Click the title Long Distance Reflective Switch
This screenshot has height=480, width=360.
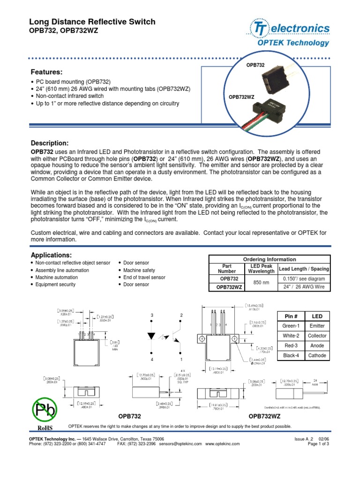click(x=92, y=22)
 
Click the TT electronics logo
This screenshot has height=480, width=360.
click(x=289, y=29)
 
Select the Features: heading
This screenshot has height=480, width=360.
click(x=46, y=72)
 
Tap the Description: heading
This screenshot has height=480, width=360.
click(x=50, y=142)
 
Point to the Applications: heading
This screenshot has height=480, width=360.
click(x=51, y=255)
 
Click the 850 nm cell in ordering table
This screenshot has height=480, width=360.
click(x=260, y=283)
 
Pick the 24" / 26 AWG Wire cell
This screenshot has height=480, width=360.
click(x=304, y=287)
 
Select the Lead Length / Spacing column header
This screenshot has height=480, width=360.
click(x=304, y=269)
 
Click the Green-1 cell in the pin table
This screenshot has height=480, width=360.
click(x=291, y=326)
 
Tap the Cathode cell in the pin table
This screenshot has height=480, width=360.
click(x=317, y=355)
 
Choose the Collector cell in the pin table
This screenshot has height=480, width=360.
click(x=317, y=336)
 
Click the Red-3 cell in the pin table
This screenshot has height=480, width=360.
click(x=291, y=345)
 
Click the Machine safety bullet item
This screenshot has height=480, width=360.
click(x=139, y=270)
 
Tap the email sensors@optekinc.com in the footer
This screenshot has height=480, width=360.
click(x=180, y=443)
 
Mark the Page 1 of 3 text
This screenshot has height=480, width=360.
click(x=318, y=443)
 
